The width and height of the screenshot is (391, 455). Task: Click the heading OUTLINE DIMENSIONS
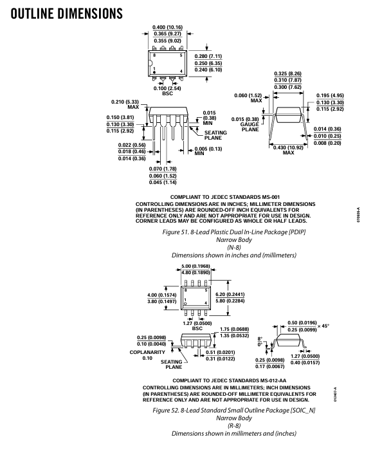coord(67,14)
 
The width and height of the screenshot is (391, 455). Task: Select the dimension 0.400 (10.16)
coord(168,27)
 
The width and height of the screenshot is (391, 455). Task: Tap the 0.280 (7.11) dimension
coord(208,56)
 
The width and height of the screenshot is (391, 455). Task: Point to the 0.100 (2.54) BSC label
coord(167,91)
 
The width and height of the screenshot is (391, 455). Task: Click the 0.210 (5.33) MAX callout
coord(125,104)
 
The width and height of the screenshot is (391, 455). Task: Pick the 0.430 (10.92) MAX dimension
coord(288,150)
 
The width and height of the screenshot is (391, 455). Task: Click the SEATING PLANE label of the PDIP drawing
coord(215,135)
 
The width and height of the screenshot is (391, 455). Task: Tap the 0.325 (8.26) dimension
coord(287,74)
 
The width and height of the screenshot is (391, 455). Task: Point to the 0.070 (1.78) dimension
coord(163,169)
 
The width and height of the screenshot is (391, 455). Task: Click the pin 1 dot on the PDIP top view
coord(154,72)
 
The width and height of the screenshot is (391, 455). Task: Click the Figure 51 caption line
coord(234,232)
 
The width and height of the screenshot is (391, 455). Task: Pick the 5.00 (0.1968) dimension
coord(195,266)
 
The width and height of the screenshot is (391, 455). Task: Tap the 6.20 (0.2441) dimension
coord(230,295)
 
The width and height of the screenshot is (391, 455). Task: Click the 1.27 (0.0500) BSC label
coord(197,326)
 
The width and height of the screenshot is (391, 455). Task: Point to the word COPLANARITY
coord(147,352)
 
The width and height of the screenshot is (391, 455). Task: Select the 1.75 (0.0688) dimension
coord(234,329)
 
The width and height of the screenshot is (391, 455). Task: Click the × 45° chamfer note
coord(323,326)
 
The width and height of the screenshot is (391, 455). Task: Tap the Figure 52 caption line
coord(234,411)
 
